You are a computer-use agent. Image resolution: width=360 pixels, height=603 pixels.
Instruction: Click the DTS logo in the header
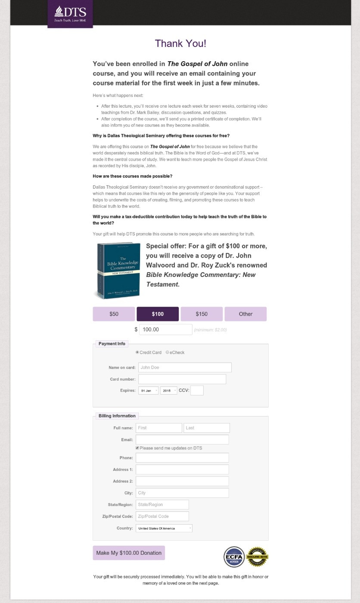[70, 14]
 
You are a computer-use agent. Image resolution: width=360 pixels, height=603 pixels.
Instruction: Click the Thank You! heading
[180, 44]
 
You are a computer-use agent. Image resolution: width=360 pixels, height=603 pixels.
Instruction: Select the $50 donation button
[114, 314]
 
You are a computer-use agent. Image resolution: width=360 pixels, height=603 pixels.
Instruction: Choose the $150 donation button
[202, 314]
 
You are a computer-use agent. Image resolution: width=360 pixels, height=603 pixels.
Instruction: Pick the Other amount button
[245, 314]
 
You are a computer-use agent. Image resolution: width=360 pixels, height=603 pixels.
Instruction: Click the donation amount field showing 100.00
[165, 329]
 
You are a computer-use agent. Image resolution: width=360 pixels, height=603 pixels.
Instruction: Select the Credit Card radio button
[137, 352]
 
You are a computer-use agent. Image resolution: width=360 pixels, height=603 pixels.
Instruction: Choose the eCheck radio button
[168, 352]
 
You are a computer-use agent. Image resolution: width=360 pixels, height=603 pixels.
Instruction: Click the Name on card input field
[185, 367]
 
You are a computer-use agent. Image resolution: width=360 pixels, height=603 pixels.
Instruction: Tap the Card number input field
[182, 379]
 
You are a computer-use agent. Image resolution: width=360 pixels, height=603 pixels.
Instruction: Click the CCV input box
[197, 391]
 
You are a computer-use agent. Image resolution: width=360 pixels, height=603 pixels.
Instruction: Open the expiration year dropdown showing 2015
[168, 391]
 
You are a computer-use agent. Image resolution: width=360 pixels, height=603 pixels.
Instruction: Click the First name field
[159, 428]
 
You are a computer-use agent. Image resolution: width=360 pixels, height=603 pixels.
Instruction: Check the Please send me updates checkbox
[137, 448]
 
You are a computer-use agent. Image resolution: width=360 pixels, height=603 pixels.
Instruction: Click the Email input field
[182, 439]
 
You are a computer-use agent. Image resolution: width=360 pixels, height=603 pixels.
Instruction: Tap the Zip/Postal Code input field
[162, 516]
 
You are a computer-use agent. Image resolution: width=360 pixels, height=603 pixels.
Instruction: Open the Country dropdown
[164, 528]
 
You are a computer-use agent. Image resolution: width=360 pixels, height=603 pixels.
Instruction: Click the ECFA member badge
[234, 557]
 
